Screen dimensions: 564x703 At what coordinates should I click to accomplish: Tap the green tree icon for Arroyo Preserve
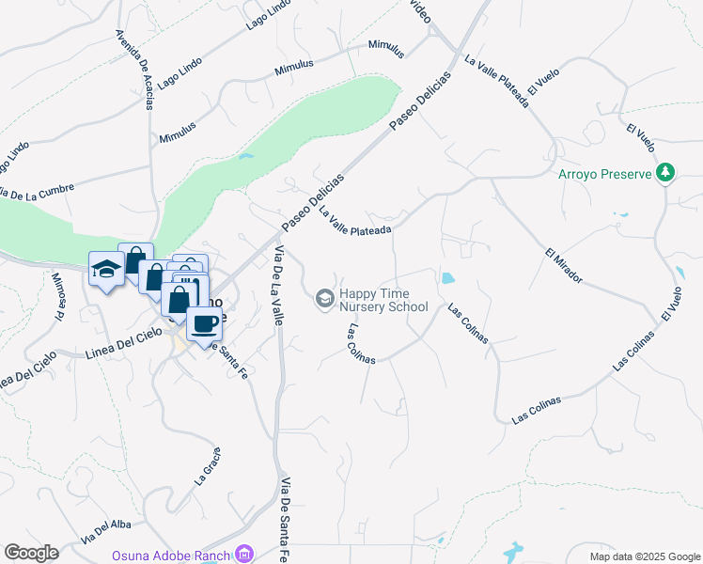[x=665, y=172]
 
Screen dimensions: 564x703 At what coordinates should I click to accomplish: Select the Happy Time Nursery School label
[x=383, y=300]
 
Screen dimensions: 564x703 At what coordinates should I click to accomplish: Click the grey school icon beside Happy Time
[x=324, y=298]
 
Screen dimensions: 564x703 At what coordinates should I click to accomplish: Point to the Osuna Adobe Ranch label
[x=171, y=555]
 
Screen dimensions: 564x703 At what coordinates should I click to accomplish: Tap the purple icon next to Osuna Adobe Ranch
[x=244, y=554]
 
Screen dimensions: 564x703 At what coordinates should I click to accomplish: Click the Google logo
[x=31, y=553]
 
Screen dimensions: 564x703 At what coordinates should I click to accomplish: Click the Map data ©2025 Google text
[x=644, y=556]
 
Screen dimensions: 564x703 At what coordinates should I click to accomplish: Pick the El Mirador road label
[x=563, y=266]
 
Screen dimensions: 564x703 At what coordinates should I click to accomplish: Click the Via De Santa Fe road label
[x=284, y=520]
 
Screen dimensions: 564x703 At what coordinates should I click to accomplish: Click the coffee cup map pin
[x=204, y=324]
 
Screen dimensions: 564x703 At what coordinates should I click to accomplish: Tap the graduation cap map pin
[x=106, y=269]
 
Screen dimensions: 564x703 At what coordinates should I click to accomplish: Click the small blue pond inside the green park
[x=245, y=157]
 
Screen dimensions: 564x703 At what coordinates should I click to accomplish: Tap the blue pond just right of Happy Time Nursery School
[x=446, y=279]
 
